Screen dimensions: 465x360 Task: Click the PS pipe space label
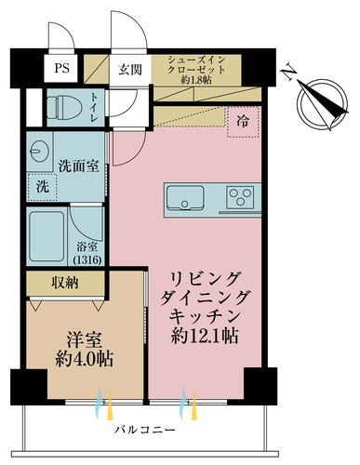click(61, 68)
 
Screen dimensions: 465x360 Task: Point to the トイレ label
click(96, 111)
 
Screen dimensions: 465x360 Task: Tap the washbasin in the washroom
click(41, 151)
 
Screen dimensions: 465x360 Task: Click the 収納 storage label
click(65, 282)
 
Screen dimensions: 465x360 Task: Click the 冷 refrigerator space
click(241, 119)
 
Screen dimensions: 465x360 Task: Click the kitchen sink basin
click(184, 197)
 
